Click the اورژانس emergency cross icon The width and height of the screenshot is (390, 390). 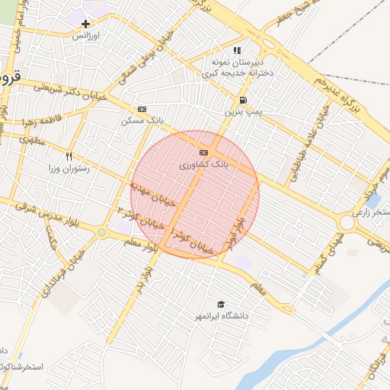click(86, 24)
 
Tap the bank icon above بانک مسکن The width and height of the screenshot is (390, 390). click(141, 109)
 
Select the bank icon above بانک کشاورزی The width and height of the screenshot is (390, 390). click(203, 153)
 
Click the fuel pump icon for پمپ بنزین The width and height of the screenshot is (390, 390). click(242, 100)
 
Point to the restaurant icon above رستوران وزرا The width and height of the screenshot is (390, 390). click(69, 157)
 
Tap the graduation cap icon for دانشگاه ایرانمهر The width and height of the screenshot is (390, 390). click(221, 304)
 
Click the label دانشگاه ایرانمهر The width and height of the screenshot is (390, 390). click(221, 315)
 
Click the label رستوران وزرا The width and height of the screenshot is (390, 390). click(69, 168)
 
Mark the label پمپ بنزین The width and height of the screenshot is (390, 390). click(242, 111)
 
